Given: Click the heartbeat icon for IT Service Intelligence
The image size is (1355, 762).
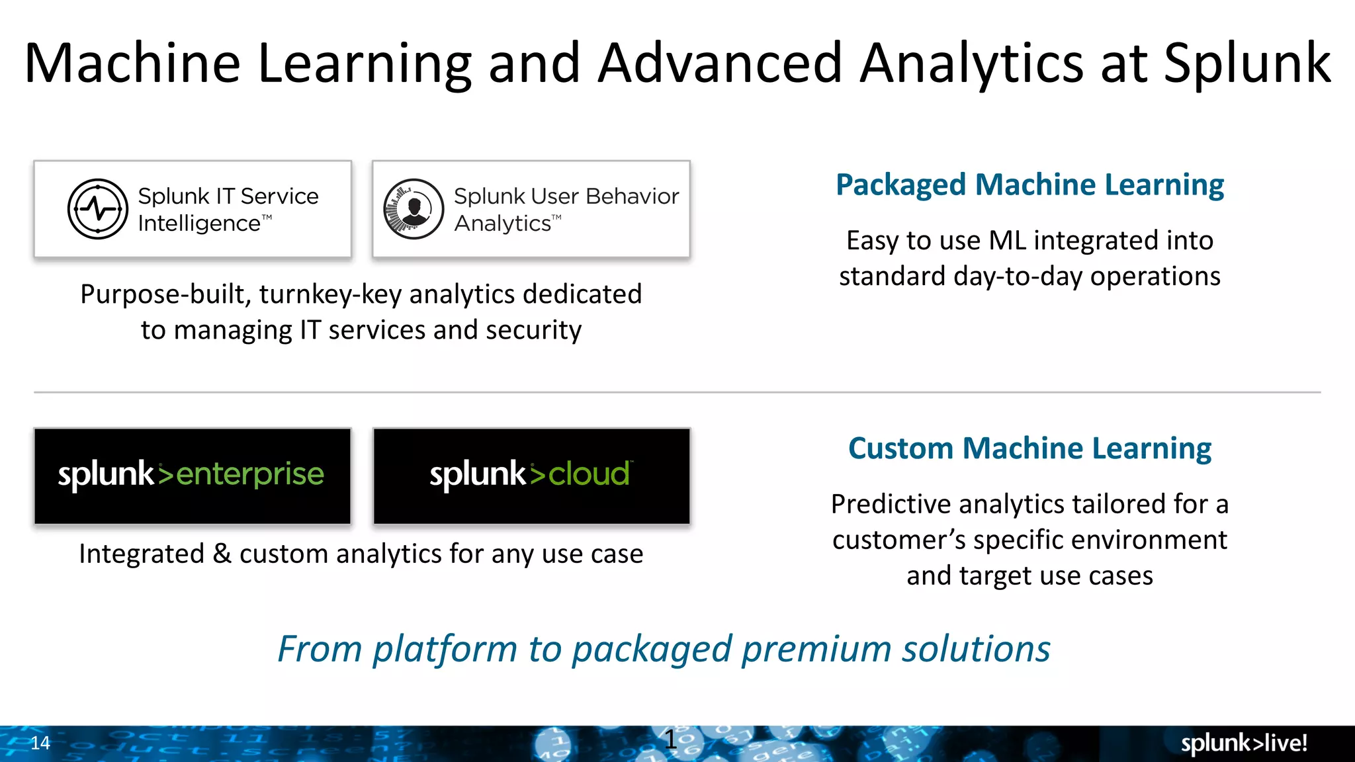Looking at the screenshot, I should point(98,209).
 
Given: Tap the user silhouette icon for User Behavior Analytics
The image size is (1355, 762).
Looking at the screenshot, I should point(414,209).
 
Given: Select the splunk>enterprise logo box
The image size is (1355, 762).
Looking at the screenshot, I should point(192,476).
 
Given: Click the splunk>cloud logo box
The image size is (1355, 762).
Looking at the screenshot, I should point(531,476).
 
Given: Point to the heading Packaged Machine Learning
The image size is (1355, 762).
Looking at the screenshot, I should point(1029,185).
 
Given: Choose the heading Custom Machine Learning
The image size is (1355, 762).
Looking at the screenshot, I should point(1029,448).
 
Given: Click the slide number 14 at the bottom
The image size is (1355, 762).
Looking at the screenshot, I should point(40,743).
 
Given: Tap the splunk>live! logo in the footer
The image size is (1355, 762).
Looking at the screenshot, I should point(1244,743).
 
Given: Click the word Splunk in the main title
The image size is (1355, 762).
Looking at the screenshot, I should point(1246,63).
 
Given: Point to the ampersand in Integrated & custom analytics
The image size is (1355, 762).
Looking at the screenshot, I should point(222,554).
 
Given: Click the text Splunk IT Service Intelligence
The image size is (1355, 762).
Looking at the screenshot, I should point(228,209).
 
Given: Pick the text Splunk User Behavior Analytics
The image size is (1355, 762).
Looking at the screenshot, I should point(566,209).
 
